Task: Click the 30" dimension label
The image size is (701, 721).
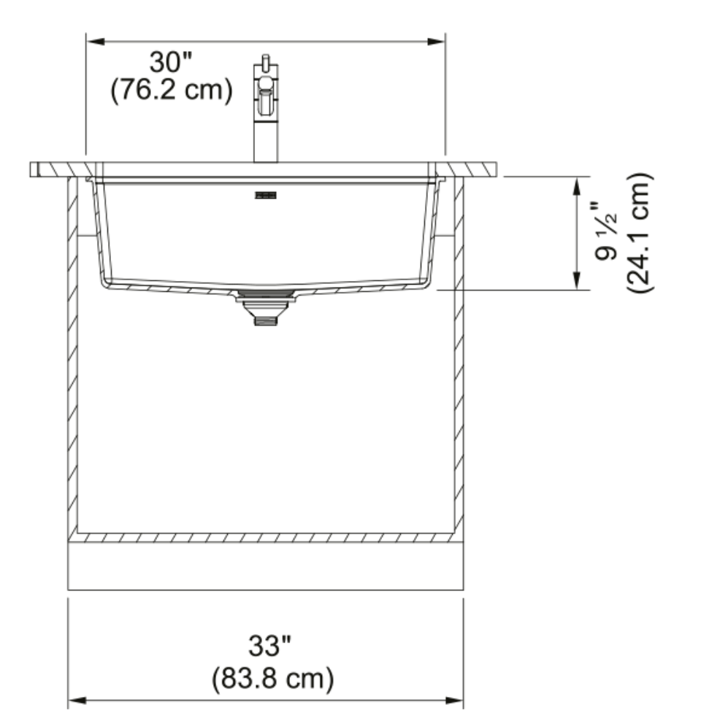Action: point(170,62)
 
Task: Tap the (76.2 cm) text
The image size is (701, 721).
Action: point(172,90)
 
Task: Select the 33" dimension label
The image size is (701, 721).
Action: point(269,646)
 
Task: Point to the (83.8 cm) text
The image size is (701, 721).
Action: point(273,678)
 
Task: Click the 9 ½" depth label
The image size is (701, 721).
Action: point(606,231)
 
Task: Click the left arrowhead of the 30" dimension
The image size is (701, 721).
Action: point(95,42)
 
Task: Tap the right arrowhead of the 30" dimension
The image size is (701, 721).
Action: point(436,42)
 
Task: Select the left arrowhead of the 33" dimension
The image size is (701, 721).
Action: point(77,701)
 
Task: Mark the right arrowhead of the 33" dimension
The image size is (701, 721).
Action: point(454,701)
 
